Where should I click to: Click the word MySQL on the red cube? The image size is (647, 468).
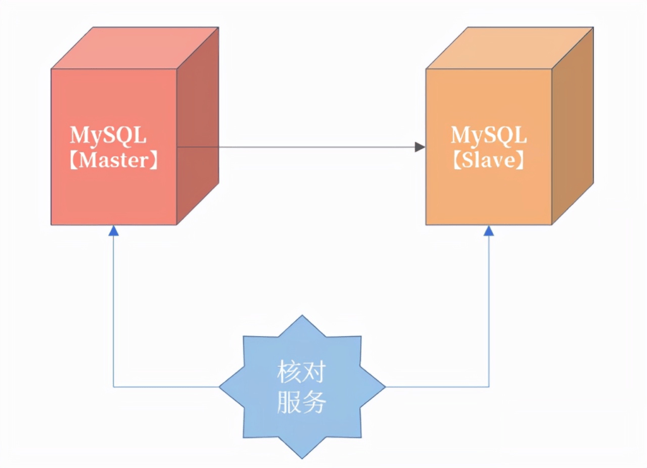(x=108, y=135)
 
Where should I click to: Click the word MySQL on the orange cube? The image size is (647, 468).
(x=488, y=135)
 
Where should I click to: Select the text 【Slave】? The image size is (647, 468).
(x=488, y=160)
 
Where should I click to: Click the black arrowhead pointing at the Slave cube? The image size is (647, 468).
(x=420, y=147)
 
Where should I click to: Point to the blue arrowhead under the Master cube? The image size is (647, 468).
(x=114, y=231)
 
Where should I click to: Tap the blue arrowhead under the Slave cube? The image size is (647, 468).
(x=488, y=231)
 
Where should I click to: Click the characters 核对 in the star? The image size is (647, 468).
(x=301, y=373)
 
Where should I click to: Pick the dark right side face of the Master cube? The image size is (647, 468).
(x=198, y=126)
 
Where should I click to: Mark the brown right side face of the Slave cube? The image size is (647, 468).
(x=572, y=126)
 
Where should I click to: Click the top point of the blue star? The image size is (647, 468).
(x=302, y=316)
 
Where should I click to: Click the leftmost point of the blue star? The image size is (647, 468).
(x=220, y=387)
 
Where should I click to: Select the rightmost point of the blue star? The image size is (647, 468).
(x=385, y=387)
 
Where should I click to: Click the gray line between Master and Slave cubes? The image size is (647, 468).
(x=297, y=147)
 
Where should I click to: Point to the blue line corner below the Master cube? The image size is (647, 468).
(x=114, y=387)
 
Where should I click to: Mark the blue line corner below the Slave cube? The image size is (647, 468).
(x=488, y=387)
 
